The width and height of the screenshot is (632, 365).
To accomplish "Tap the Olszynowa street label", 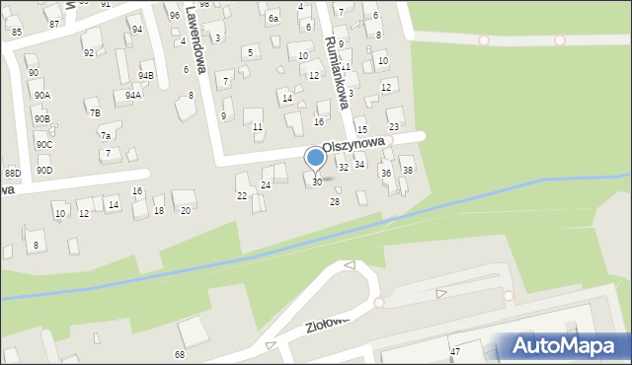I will (353, 144).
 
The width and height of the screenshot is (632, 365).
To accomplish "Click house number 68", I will (180, 354).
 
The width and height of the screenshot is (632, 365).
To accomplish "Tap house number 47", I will (455, 351).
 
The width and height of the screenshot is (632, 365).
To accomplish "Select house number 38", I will (407, 171).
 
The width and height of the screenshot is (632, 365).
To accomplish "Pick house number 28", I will (335, 201).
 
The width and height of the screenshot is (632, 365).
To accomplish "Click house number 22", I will (242, 195).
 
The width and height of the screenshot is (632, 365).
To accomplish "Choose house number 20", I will (185, 210).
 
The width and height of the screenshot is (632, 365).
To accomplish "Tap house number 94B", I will (146, 75).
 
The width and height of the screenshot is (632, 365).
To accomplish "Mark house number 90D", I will (44, 170).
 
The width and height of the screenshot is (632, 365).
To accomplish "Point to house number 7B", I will (95, 112).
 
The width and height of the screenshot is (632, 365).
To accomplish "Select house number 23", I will (394, 127).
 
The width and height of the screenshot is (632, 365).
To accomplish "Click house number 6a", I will (274, 18).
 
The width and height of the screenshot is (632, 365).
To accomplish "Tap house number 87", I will (54, 23).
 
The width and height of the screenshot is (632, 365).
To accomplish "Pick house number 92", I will (89, 52).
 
